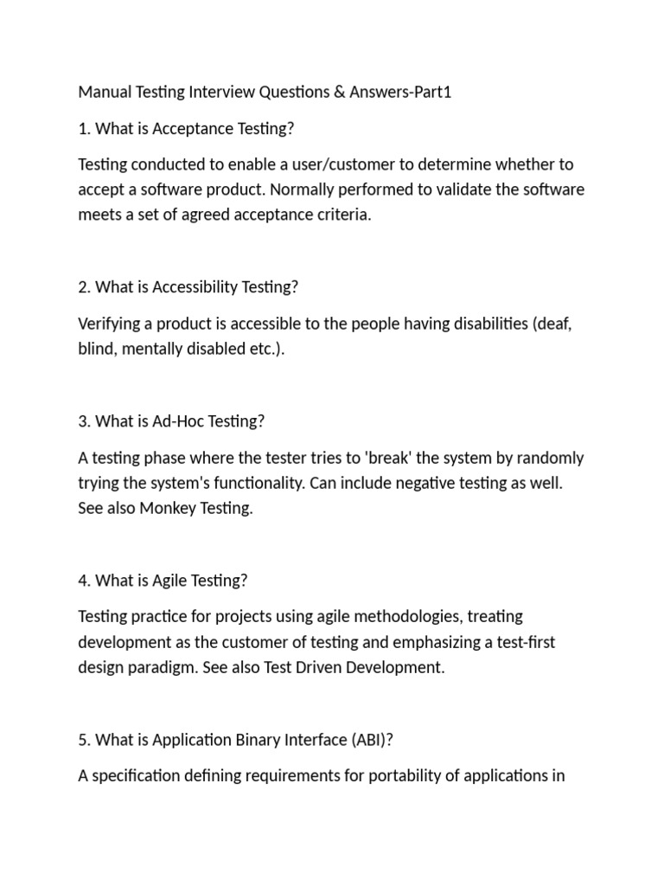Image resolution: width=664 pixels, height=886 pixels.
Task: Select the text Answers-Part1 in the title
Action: point(400,93)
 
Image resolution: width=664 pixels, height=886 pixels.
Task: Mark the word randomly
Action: point(551,458)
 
